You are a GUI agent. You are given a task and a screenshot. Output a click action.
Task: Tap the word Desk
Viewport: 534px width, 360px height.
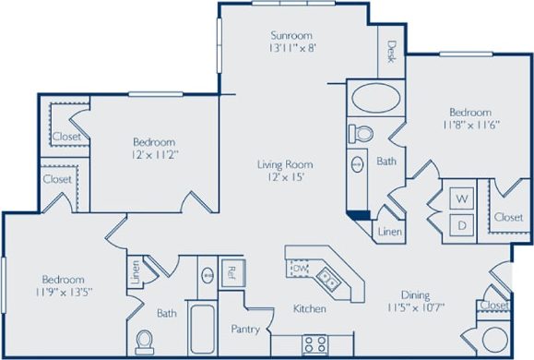tap(391, 51)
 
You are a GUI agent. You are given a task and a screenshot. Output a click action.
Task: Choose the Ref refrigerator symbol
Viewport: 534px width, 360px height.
tap(231, 273)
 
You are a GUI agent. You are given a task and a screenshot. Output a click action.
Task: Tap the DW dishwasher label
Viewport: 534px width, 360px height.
tap(300, 269)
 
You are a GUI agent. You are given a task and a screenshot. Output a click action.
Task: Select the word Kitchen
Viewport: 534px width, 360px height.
tap(309, 308)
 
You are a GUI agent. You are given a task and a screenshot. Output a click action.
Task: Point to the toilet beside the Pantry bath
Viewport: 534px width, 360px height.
tap(145, 341)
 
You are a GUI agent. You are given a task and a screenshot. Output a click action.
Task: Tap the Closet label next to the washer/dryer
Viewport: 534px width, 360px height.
tap(507, 217)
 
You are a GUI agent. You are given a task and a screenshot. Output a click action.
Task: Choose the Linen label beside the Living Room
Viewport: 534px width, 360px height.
tap(388, 232)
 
